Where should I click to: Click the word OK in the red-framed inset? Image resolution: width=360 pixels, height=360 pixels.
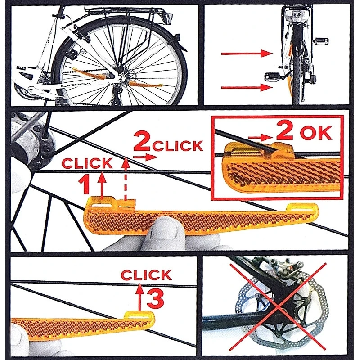pyautogui.click(x=316, y=133)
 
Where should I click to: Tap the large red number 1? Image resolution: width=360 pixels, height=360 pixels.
pyautogui.click(x=84, y=185)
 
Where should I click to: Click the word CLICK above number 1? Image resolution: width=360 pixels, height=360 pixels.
pyautogui.click(x=87, y=163)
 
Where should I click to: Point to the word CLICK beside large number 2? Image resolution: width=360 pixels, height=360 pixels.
pyautogui.click(x=178, y=146)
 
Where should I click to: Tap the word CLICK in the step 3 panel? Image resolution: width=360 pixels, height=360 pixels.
pyautogui.click(x=146, y=275)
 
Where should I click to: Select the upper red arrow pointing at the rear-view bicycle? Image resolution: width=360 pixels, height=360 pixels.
pyautogui.click(x=247, y=54)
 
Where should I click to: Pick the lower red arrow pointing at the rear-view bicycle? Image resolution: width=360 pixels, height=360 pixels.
pyautogui.click(x=247, y=87)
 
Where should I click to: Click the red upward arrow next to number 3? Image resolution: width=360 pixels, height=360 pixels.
pyautogui.click(x=140, y=298)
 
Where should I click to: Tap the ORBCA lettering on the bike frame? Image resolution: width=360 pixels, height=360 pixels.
pyautogui.click(x=76, y=85)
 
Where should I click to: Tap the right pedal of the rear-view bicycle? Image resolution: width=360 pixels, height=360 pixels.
pyautogui.click(x=321, y=41)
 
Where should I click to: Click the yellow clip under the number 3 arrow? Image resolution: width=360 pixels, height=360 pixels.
pyautogui.click(x=139, y=315)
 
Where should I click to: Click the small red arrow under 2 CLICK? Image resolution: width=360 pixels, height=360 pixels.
pyautogui.click(x=146, y=157)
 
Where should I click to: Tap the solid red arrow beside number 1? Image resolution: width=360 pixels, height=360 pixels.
pyautogui.click(x=102, y=184)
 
